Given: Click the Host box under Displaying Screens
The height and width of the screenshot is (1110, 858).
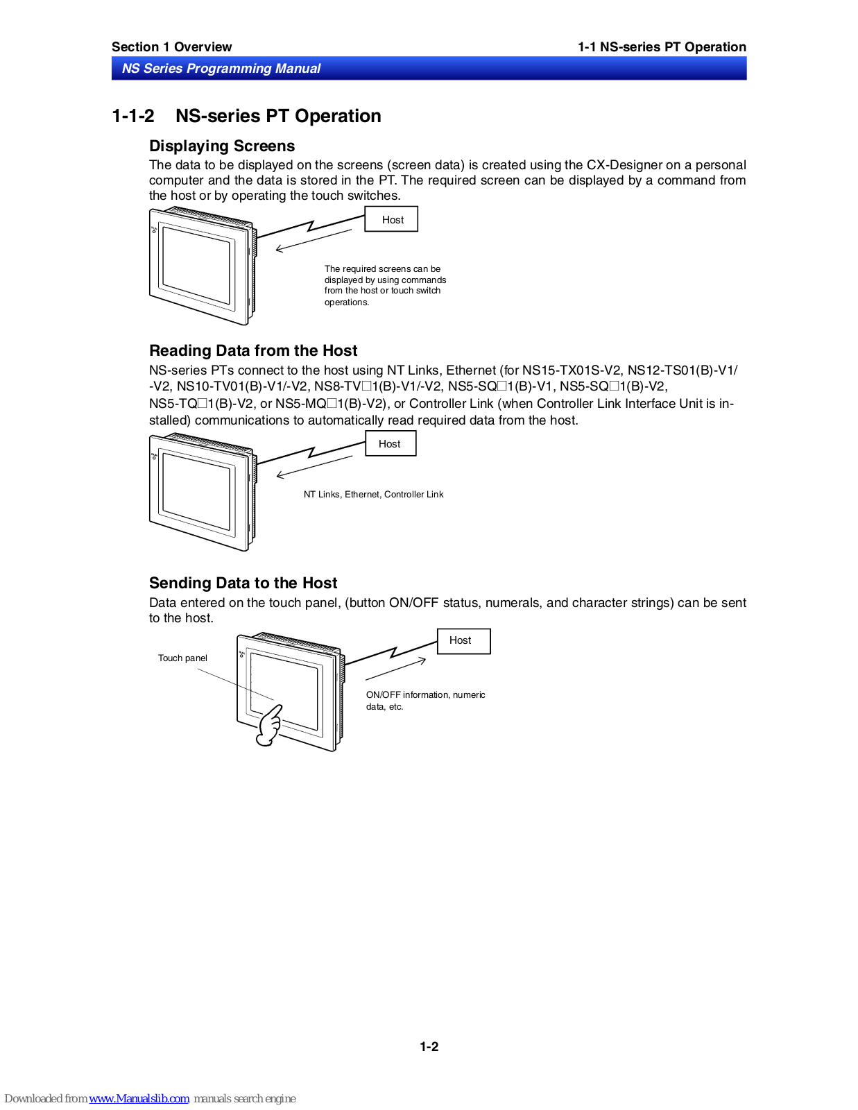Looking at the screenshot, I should (392, 220).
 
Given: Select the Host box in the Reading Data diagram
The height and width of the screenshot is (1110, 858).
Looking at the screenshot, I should (390, 444).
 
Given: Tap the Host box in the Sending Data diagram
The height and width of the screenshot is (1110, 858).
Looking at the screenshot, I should (463, 641).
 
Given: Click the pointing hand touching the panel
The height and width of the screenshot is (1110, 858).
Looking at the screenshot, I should (269, 726).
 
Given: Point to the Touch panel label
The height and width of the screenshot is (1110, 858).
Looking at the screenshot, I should (182, 658).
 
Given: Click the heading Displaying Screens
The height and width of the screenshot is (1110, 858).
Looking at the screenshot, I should (222, 146).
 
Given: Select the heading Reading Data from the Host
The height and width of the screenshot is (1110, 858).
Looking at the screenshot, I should (253, 351).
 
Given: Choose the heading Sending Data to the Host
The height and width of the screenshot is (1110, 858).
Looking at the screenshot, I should (243, 583).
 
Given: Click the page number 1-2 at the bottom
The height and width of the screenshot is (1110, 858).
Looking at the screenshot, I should (429, 1047).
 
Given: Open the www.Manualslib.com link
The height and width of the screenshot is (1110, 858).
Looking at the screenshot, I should (139, 1099).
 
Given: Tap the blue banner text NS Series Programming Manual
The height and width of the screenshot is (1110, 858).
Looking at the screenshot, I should (221, 69).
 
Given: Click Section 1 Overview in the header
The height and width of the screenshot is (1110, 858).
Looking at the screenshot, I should (171, 47).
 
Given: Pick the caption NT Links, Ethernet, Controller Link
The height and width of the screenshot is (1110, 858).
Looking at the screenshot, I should (373, 495).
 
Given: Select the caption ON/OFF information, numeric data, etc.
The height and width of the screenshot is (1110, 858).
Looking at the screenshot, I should (425, 701).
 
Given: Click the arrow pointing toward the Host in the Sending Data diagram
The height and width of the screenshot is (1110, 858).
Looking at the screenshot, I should (395, 669).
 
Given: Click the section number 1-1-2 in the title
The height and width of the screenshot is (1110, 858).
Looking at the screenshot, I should (133, 117).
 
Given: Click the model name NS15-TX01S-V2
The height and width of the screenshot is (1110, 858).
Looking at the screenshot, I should (572, 370).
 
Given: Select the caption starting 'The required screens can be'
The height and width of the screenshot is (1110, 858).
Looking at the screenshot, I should (385, 285).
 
